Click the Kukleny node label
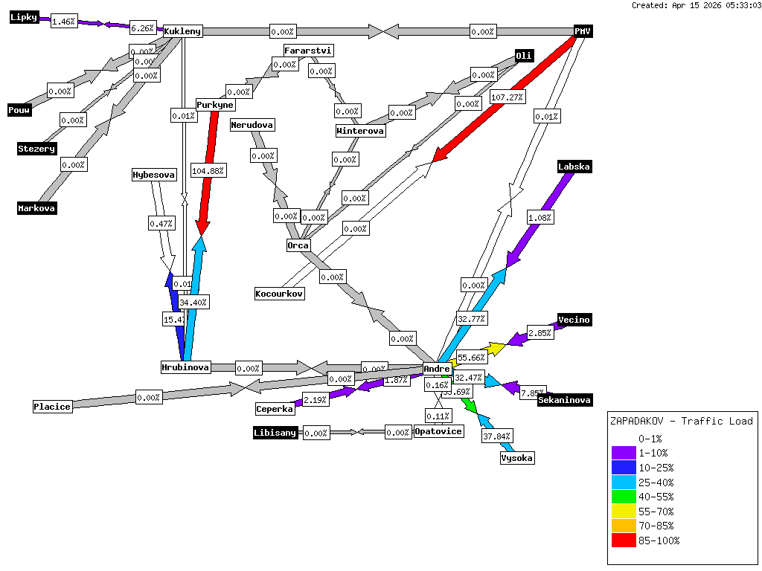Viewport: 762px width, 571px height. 182,31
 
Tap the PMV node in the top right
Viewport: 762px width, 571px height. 583,31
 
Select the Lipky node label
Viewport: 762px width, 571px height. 24,18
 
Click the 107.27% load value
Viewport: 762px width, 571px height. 508,97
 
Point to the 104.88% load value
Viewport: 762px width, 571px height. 208,170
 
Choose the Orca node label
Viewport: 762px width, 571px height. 298,245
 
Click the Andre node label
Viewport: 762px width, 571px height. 437,369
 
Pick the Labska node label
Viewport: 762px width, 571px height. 574,167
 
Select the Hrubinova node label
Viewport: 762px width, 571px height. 186,367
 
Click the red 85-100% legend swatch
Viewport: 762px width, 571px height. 624,541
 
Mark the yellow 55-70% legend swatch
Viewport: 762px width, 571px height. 624,512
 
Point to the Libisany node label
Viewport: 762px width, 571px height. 275,433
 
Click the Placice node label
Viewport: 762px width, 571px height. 52,407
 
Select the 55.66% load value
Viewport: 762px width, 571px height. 472,358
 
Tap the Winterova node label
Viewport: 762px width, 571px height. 361,132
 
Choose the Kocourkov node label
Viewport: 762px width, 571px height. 280,294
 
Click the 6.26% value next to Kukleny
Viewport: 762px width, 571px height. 142,28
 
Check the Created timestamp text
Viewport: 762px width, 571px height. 696,5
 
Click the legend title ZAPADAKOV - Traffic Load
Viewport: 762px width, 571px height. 681,421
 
